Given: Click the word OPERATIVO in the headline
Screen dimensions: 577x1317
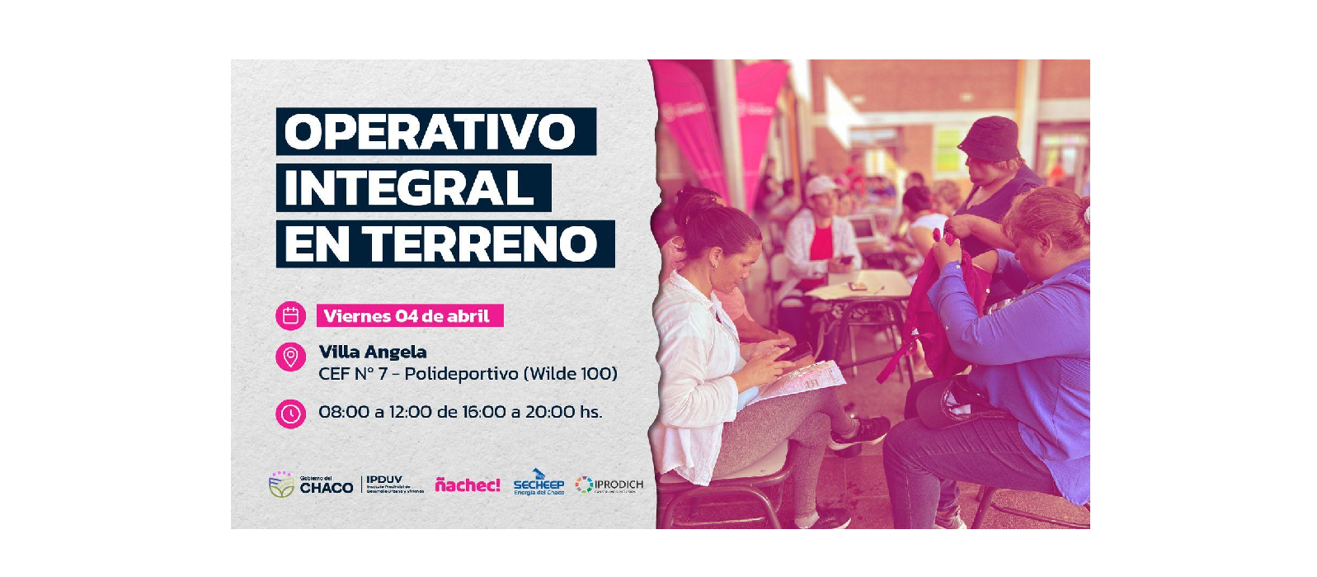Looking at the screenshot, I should click(x=430, y=132).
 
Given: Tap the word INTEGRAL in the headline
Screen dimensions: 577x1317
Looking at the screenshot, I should click(x=409, y=188).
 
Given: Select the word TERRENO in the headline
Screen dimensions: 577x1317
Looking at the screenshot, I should click(x=481, y=244).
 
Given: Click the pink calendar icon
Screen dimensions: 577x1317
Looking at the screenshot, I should click(x=290, y=315).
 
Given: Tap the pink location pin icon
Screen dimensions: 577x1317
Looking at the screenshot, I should click(x=290, y=357).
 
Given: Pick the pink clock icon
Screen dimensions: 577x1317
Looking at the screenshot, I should click(x=290, y=413).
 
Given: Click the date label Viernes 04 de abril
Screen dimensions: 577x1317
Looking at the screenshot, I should click(x=407, y=316).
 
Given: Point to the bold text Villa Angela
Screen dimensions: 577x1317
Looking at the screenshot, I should click(x=373, y=352).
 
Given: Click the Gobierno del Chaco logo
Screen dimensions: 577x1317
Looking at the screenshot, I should click(x=311, y=485).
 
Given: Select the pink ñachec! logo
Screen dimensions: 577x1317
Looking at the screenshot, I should click(x=468, y=485).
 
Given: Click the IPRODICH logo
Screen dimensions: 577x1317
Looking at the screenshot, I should click(x=609, y=485).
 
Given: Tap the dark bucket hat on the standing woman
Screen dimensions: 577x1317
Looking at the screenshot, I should click(x=990, y=137).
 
